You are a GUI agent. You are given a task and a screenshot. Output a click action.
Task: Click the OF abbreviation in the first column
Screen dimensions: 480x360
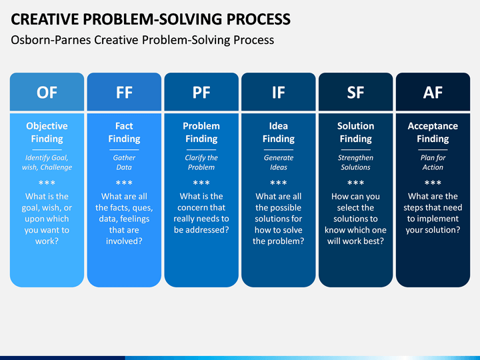pos(47,93)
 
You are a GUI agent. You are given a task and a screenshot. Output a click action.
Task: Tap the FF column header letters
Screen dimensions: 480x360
pos(124,93)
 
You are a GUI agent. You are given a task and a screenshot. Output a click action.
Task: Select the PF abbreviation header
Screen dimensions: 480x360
pos(201,93)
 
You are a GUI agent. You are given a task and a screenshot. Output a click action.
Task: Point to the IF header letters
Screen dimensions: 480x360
pos(278,93)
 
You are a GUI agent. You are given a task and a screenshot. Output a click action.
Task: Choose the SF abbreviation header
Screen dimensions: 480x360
pos(355,93)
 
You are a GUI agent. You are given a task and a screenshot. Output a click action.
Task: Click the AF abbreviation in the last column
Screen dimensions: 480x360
pos(433,93)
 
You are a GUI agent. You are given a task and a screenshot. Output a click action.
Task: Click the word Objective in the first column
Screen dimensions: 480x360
pos(47,126)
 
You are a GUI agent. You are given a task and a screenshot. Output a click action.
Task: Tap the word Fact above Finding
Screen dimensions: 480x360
pos(124,126)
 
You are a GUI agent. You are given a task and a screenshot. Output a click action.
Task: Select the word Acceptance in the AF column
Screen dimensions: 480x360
pos(433,126)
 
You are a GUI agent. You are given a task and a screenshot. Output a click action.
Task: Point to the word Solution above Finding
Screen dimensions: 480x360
pos(356,126)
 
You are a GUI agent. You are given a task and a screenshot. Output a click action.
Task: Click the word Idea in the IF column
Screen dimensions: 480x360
pos(278,126)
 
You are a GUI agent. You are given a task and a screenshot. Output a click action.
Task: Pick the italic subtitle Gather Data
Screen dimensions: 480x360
pos(124,162)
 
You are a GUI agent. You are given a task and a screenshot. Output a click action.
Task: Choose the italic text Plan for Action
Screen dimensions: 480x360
pos(433,162)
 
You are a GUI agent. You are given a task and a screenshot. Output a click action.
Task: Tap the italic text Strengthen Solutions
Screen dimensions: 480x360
pos(356,162)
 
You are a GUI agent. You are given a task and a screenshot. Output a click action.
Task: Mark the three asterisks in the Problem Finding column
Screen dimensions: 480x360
pos(201,183)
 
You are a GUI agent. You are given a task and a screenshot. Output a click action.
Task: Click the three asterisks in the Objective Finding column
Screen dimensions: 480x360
pos(47,183)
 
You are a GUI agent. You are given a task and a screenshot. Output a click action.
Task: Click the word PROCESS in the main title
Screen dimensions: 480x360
pos(259,19)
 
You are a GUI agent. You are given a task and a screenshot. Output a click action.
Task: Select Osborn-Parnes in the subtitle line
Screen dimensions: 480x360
pos(51,40)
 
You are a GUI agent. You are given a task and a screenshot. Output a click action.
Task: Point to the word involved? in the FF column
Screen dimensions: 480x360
pos(124,241)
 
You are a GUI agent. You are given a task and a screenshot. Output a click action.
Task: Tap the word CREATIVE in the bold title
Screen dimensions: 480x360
pos(45,19)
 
